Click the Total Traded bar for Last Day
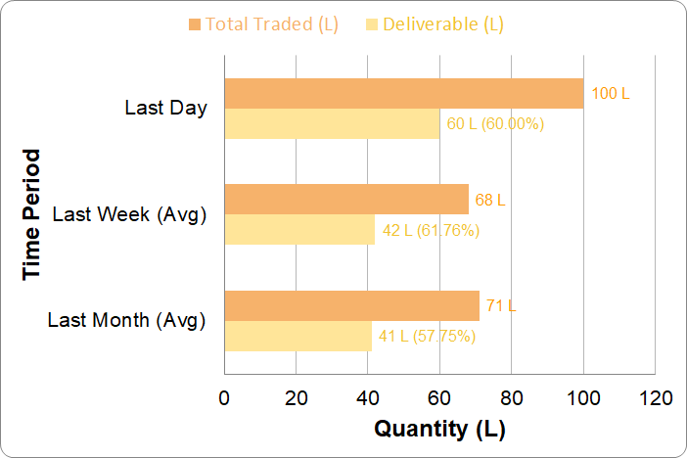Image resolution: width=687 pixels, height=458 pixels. pyautogui.click(x=403, y=93)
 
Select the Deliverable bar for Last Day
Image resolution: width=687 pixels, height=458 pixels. pyautogui.click(x=332, y=123)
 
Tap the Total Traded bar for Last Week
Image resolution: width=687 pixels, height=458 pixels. pyautogui.click(x=346, y=199)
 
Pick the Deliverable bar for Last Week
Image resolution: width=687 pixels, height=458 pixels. pyautogui.click(x=299, y=229)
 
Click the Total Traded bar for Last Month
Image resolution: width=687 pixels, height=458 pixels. pyautogui.click(x=352, y=305)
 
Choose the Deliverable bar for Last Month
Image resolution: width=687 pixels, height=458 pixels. pyautogui.click(x=298, y=336)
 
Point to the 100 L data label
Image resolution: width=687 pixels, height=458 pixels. pyautogui.click(x=612, y=94)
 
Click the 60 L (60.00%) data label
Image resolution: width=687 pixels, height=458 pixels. pyautogui.click(x=495, y=124)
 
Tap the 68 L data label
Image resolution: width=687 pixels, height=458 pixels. pyautogui.click(x=490, y=200)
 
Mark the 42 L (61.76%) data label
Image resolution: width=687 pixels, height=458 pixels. pyautogui.click(x=430, y=230)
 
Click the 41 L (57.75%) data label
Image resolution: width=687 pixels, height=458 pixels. pyautogui.click(x=428, y=337)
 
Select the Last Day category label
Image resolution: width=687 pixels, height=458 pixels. pyautogui.click(x=165, y=108)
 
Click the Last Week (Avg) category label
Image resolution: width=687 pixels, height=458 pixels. pyautogui.click(x=129, y=214)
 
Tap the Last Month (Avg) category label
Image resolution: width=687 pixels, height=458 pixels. pyautogui.click(x=126, y=320)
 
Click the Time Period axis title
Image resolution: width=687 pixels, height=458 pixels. pyautogui.click(x=32, y=214)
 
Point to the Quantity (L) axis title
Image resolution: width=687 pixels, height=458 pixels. pyautogui.click(x=439, y=429)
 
